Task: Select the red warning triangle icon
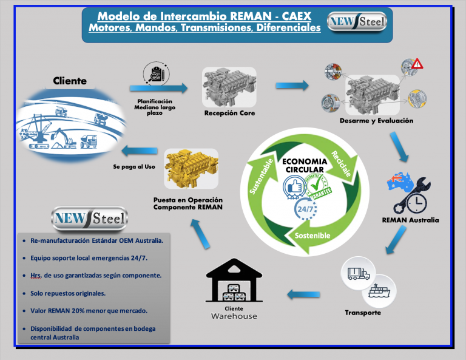click(417, 64)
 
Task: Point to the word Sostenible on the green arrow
click(312, 234)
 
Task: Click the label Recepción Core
click(229, 114)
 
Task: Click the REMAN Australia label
click(410, 220)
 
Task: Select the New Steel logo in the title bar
click(357, 23)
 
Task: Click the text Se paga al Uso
click(134, 166)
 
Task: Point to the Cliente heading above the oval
click(70, 81)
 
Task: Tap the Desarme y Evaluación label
click(376, 121)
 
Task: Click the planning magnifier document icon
click(156, 75)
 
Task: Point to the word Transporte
click(363, 313)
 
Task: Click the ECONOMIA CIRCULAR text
click(304, 165)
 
